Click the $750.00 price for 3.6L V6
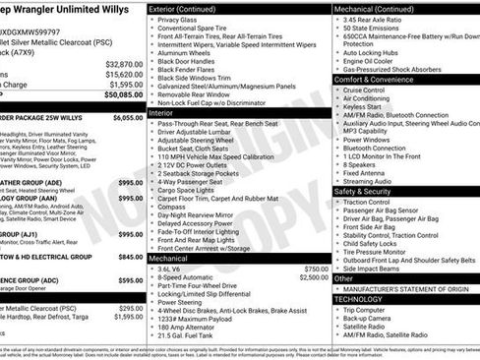pos(317,268)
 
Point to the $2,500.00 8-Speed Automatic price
pos(313,277)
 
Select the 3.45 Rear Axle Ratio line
pos(378,19)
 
